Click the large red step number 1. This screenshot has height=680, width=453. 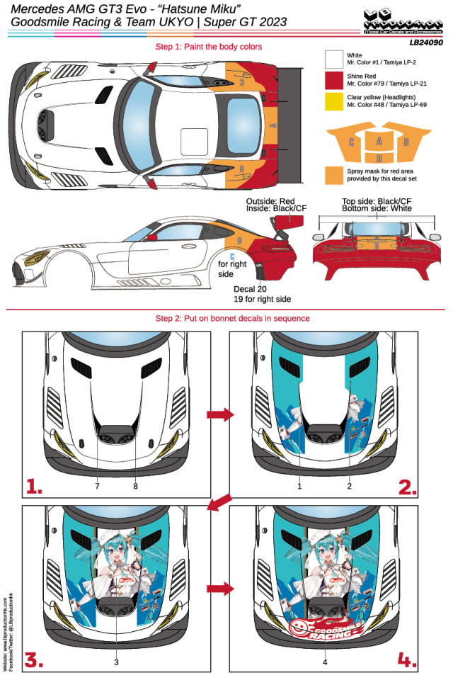click(x=36, y=485)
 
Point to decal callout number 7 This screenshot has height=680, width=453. click(x=97, y=487)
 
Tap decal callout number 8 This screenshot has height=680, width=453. click(x=136, y=487)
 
